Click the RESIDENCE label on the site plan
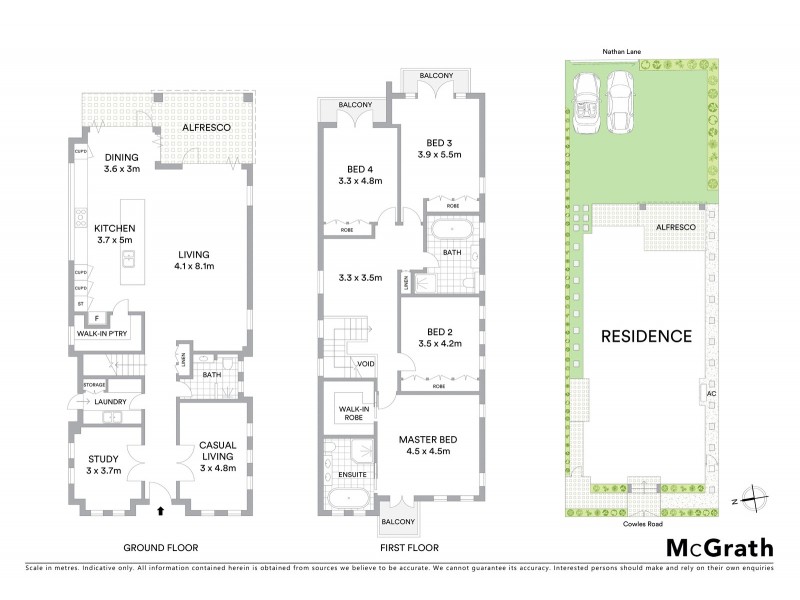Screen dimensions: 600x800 645,336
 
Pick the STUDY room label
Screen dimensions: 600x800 103,459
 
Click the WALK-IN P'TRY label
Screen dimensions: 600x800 99,334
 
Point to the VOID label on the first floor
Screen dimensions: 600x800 365,364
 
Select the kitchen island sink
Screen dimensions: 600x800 128,258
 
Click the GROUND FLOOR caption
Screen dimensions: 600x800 160,548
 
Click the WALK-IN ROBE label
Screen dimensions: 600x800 353,412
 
